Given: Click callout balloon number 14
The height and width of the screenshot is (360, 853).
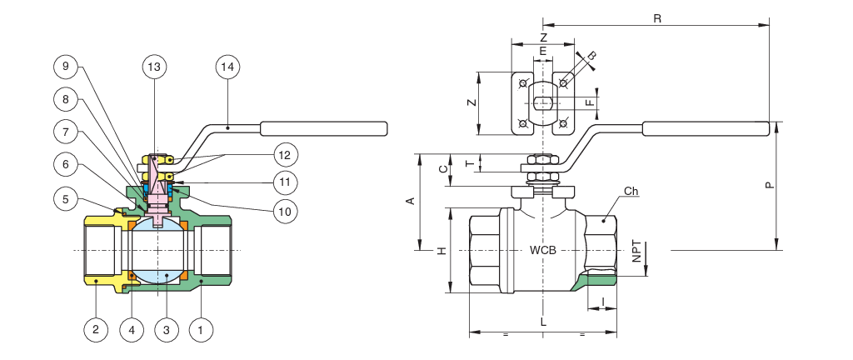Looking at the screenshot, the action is [227, 67].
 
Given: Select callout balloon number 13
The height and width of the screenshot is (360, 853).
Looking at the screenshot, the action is [154, 67].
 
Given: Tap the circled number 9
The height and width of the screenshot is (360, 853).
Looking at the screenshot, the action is [66, 67].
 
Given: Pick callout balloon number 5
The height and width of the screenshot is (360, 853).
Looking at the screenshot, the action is [66, 199].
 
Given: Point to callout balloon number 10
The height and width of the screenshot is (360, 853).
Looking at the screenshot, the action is [286, 211].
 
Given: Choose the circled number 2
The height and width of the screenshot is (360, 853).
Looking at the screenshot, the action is [97, 329].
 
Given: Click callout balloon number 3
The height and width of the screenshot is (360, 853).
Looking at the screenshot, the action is [167, 329].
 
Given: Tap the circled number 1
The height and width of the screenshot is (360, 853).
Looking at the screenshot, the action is [201, 329].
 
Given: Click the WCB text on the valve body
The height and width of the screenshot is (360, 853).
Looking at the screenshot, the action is [543, 251].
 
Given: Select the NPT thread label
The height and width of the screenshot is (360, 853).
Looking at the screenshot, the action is [636, 252].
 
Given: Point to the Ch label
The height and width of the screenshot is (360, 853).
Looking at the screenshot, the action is [631, 191].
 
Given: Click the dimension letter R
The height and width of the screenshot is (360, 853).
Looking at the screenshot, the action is [657, 18].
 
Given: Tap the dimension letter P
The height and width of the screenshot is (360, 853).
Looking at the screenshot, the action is [769, 185].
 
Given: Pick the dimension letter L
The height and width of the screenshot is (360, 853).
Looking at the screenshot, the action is [543, 322].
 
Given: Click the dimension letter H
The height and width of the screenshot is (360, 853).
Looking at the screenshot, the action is [441, 251].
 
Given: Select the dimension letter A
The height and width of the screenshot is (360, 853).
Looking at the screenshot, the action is [412, 201].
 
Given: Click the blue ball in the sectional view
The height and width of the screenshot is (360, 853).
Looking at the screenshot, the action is [158, 250].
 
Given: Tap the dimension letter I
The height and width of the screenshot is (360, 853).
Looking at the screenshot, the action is [603, 301].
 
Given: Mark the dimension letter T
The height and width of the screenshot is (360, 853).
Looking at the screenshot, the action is [472, 162].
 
